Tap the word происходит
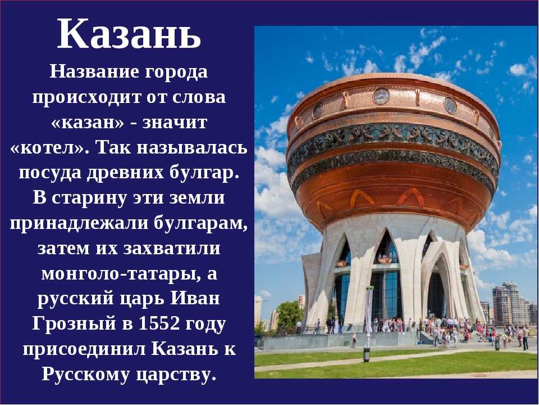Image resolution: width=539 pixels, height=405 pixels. coord(87,97)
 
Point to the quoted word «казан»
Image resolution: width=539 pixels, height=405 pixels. coord(88,123)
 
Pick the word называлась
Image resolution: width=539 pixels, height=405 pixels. coord(192,148)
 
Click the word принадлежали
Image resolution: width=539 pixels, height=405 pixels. coord(79,223)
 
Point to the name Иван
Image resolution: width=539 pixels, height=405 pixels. coord(195,298)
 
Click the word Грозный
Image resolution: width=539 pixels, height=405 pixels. coord(74,323)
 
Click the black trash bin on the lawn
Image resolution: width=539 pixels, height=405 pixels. coord(367,355)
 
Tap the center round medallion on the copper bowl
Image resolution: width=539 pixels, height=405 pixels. coord(381,96)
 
